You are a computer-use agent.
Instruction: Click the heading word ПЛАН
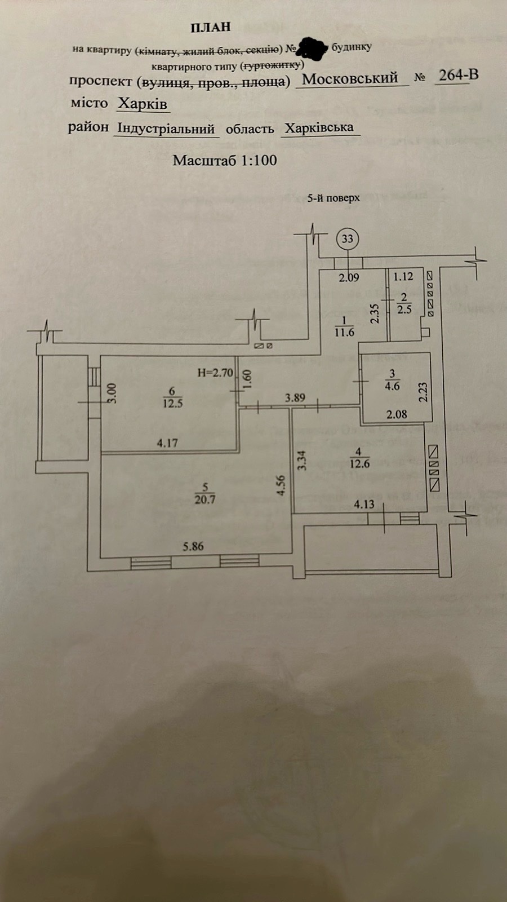pos(211,26)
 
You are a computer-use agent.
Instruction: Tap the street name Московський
pos(350,78)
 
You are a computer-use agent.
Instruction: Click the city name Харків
pos(142,104)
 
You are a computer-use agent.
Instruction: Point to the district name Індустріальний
pos(166,128)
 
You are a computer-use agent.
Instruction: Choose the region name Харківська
pos(319,127)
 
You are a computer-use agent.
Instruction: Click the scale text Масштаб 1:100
pos(225,160)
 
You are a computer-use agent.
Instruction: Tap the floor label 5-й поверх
pos(333,198)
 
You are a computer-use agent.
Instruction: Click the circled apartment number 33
pos(347,238)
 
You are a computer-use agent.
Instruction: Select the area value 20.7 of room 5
pos(204,499)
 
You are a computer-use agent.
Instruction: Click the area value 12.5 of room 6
pos(172,404)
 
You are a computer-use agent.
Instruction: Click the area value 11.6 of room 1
pos(344,333)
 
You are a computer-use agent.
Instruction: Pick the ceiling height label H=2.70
pos(215,373)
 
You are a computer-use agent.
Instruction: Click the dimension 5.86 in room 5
pos(193,546)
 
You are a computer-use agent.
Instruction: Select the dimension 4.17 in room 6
pos(167,443)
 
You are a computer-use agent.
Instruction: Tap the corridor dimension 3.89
pos(295,397)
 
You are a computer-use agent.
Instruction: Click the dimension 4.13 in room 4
pos(364,505)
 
